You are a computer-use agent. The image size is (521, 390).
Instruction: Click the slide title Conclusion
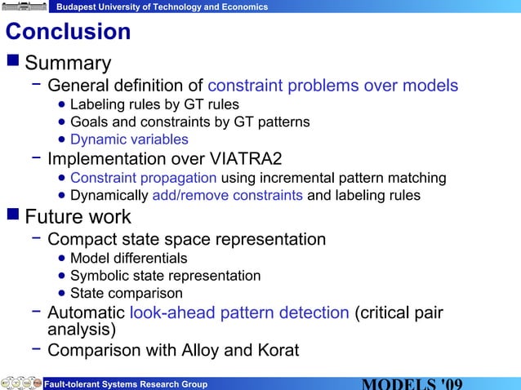point(68,32)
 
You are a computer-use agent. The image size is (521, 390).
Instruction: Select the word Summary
point(68,63)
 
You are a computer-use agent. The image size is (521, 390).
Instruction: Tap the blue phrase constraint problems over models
point(332,86)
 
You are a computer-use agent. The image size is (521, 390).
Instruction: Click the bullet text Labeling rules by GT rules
point(154,104)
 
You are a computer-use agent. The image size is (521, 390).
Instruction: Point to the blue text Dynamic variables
point(129,140)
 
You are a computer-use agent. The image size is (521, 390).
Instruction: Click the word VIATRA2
point(244,157)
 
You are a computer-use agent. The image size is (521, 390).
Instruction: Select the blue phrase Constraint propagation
point(143,178)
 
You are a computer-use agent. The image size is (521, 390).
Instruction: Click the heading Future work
point(78,217)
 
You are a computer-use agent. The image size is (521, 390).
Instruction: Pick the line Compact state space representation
point(186,239)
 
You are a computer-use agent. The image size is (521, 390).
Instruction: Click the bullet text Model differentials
point(128,259)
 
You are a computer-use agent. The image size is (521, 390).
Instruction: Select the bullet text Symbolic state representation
point(165,276)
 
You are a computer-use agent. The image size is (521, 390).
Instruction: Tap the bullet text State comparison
point(126,293)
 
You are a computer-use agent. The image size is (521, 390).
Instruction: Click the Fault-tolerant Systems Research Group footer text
point(125,384)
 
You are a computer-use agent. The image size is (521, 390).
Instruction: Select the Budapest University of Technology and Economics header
point(162,7)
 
